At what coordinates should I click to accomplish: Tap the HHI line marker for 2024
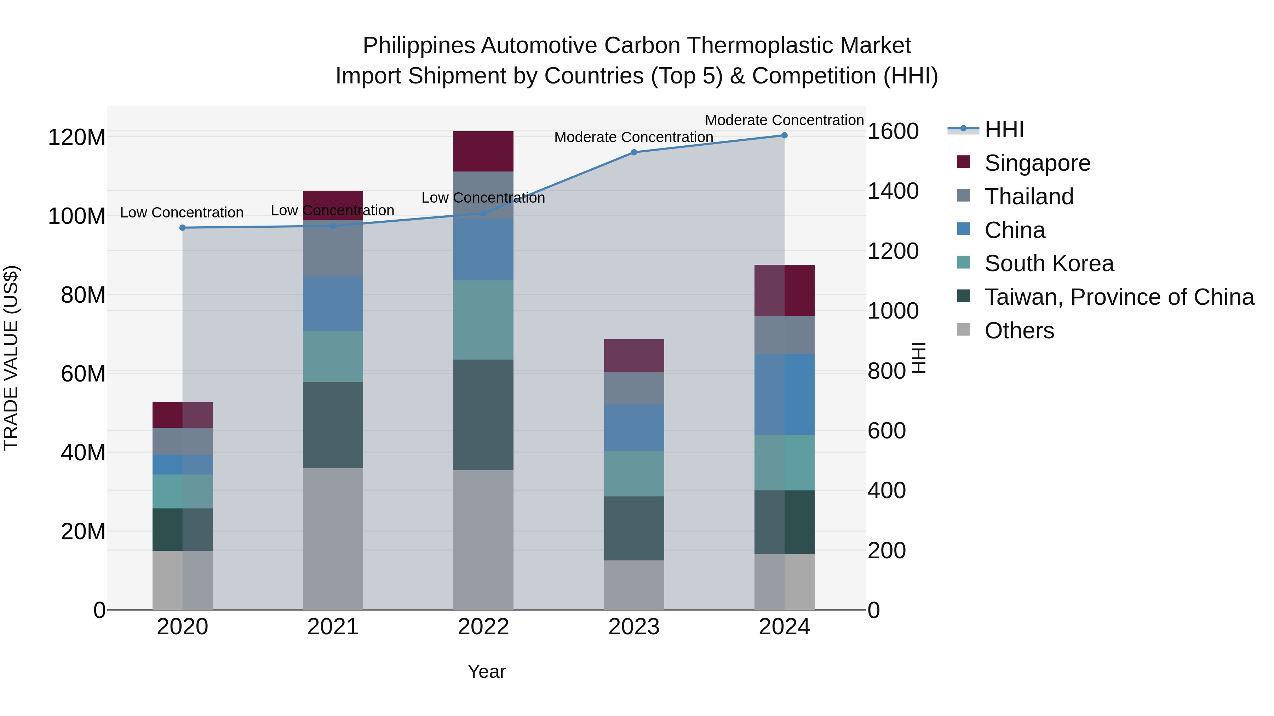pyautogui.click(x=784, y=135)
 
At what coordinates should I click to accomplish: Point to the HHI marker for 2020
pyautogui.click(x=183, y=228)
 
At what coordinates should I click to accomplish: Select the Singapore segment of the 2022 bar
pyautogui.click(x=483, y=151)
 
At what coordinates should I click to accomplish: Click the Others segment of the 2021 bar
pyautogui.click(x=333, y=539)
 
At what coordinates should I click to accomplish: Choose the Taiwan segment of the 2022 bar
pyautogui.click(x=483, y=415)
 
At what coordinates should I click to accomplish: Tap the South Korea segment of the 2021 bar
pyautogui.click(x=333, y=356)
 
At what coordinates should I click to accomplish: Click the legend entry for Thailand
pyautogui.click(x=1029, y=197)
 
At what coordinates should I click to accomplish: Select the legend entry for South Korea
pyautogui.click(x=1049, y=263)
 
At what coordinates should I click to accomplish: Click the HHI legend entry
pyautogui.click(x=1004, y=129)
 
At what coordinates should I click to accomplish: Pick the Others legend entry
pyautogui.click(x=1019, y=331)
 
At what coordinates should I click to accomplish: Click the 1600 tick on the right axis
pyautogui.click(x=893, y=132)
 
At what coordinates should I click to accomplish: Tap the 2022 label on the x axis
pyautogui.click(x=483, y=627)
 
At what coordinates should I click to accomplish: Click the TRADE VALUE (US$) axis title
pyautogui.click(x=11, y=358)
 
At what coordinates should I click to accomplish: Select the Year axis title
pyautogui.click(x=487, y=671)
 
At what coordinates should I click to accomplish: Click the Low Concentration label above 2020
pyautogui.click(x=182, y=213)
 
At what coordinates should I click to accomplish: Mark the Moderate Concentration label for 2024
pyautogui.click(x=784, y=120)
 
